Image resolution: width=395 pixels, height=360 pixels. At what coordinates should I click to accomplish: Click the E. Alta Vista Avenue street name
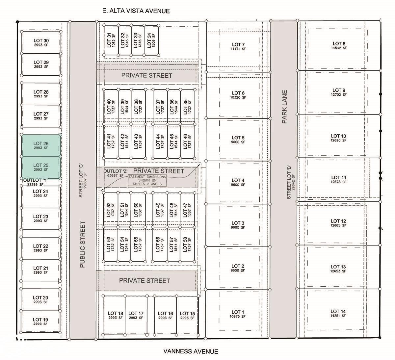(136, 11)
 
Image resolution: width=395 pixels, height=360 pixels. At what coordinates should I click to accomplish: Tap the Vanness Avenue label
(191, 351)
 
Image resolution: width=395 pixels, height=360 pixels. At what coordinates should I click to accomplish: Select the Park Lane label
(284, 107)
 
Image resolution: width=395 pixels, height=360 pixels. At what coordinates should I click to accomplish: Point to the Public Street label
(83, 244)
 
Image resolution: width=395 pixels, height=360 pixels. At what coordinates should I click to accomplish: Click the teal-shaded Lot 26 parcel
(41, 145)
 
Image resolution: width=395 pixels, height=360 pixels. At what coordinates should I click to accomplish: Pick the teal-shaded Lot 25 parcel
(41, 167)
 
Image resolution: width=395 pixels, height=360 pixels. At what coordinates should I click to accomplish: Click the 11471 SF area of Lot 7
(238, 49)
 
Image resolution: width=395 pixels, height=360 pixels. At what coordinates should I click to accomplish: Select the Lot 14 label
(338, 311)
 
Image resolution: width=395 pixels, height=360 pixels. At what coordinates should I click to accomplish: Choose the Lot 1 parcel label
(238, 312)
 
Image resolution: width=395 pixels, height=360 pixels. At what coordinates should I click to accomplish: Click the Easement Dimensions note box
(147, 180)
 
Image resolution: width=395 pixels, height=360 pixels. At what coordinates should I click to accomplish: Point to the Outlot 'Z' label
(116, 171)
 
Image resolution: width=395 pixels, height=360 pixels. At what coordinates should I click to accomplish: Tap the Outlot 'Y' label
(35, 180)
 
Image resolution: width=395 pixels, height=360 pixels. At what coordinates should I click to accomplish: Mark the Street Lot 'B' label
(289, 182)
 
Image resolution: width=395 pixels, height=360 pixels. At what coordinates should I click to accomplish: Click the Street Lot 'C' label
(81, 181)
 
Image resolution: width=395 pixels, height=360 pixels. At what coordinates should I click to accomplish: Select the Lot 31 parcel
(111, 40)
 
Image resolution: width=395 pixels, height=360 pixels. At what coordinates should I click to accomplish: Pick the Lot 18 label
(116, 313)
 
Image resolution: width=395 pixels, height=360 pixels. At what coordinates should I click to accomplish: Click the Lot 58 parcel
(187, 244)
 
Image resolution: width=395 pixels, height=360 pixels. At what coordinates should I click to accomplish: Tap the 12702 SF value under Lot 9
(339, 94)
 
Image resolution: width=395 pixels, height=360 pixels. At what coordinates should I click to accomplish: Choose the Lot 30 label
(41, 40)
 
